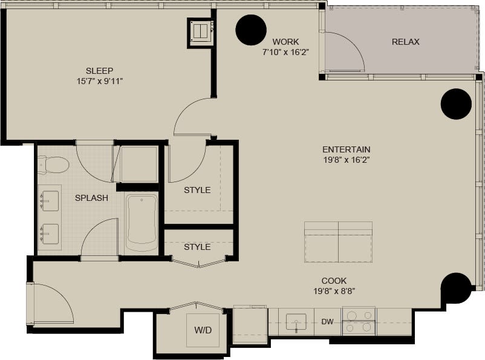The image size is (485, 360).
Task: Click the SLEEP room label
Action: (99, 70)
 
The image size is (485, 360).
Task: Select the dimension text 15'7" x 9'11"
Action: (99, 80)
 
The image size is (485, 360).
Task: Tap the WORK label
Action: (285, 42)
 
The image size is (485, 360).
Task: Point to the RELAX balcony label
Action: (405, 42)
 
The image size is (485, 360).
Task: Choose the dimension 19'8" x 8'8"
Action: (334, 290)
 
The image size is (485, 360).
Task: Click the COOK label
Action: (334, 281)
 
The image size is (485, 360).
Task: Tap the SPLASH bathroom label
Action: (91, 198)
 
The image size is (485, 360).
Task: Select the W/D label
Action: (203, 330)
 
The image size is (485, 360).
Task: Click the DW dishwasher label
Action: (327, 321)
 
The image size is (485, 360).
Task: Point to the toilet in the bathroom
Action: (53, 164)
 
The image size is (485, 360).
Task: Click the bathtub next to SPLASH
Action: (142, 223)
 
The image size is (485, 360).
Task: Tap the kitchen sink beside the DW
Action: (296, 321)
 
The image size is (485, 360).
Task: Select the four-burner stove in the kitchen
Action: (359, 321)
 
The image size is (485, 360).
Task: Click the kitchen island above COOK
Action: (338, 242)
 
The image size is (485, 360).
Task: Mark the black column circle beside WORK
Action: (251, 30)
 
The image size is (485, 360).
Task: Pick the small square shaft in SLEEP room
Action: (200, 31)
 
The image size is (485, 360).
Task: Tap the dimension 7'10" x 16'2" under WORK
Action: (285, 52)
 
